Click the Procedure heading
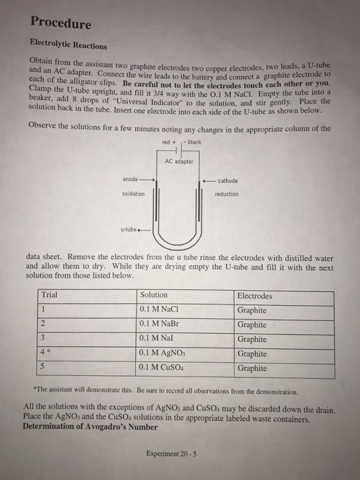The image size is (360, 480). coord(61,24)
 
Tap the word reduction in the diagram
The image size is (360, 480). coord(226,194)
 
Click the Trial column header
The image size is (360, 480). coord(50,296)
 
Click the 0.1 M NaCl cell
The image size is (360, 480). coord(158,309)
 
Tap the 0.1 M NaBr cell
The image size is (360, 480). coord(158,324)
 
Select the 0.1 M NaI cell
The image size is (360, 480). coord(157,339)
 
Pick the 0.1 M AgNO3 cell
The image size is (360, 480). coord(162,353)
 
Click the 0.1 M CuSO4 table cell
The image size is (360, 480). coord(162,368)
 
